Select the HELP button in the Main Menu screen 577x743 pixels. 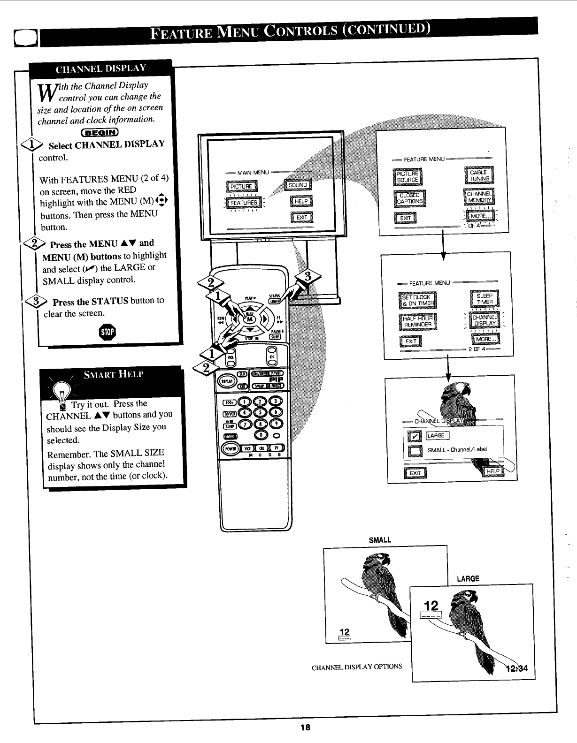(301, 201)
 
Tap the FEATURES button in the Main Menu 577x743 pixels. (244, 203)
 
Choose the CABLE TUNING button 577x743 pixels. (479, 175)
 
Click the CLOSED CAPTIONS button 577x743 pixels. (409, 198)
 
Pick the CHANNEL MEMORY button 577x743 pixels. (478, 197)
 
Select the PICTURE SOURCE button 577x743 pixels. (408, 176)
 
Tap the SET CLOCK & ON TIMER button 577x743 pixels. (417, 300)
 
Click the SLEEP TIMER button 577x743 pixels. (485, 299)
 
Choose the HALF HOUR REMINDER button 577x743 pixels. (417, 321)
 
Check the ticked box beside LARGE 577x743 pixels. (415, 437)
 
